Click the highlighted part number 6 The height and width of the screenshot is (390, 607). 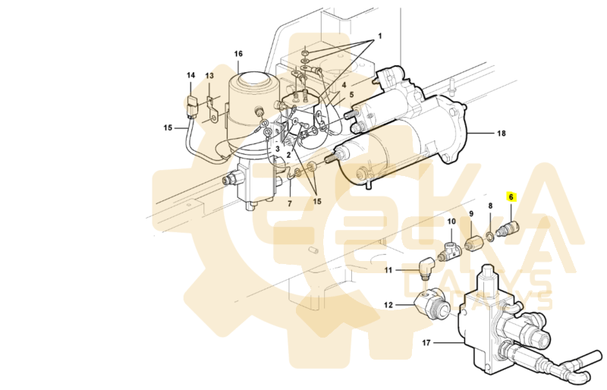point(511,197)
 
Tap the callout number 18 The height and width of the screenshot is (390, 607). point(501,134)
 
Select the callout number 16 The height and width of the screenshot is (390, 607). point(238,54)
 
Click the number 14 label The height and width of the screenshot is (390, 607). point(191,75)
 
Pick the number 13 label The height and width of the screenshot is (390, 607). point(209,76)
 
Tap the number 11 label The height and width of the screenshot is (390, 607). point(388,270)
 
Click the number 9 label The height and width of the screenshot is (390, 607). point(470,214)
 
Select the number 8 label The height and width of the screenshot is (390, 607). point(490,206)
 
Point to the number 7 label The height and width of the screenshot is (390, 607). point(289,203)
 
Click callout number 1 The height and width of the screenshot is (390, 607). point(380,36)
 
